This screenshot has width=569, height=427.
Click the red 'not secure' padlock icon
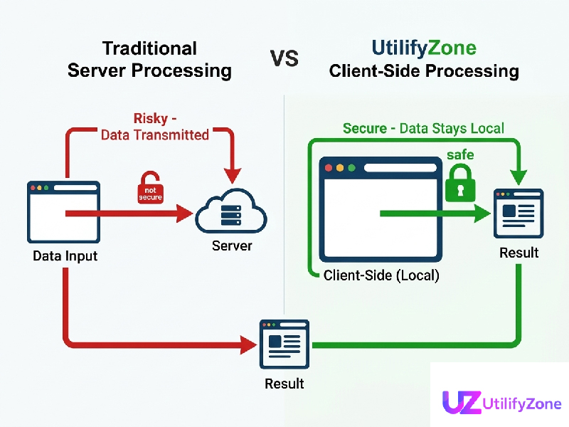150,188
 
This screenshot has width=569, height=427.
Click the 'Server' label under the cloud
232,246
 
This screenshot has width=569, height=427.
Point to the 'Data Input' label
65,255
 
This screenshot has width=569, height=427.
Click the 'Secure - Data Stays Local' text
423,128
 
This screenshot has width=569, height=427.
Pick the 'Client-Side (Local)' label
381,275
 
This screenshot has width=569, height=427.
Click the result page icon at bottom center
284,344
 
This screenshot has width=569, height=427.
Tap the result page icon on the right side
519,213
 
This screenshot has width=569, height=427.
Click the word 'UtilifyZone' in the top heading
424,48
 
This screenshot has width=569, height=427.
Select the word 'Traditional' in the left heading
149,48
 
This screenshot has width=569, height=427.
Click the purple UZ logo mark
462,403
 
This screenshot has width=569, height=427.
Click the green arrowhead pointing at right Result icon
484,213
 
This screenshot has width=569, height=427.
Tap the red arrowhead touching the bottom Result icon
248,345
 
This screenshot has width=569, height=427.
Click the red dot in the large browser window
329,169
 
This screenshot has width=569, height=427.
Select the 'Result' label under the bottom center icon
284,384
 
